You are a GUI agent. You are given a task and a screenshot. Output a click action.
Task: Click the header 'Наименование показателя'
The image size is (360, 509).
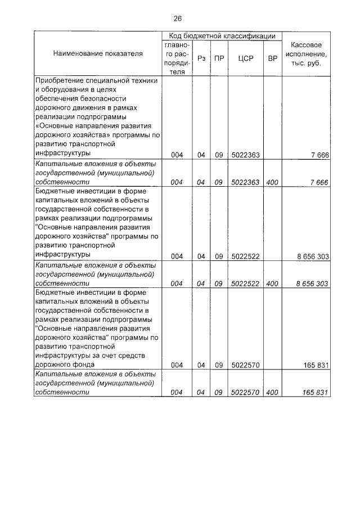point(98,53)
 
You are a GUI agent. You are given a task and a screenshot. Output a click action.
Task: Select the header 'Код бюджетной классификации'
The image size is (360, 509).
point(222,36)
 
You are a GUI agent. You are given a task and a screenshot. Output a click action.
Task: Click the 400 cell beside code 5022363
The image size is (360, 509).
point(272,182)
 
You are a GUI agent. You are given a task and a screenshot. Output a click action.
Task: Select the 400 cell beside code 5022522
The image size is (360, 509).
point(272,283)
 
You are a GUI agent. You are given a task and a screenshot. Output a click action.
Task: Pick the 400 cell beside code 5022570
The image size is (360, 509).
point(272,393)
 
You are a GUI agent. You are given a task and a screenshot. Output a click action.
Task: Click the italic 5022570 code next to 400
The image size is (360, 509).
point(245,393)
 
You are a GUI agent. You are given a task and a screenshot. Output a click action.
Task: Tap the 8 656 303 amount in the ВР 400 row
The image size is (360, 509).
point(312,283)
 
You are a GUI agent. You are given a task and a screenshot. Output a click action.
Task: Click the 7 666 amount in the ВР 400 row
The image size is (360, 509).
point(318,182)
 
